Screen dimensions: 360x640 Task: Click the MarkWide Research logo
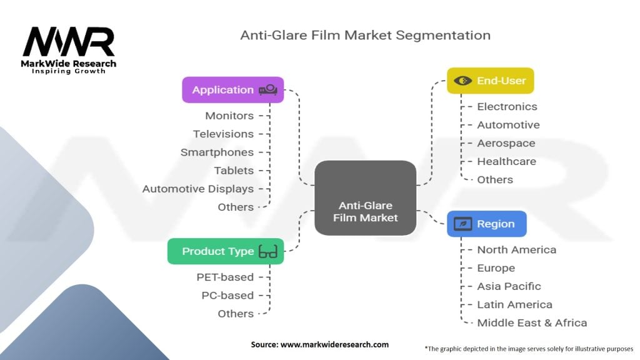[x=69, y=50]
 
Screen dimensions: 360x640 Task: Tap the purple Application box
[x=232, y=90]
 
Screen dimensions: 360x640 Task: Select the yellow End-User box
[x=490, y=81]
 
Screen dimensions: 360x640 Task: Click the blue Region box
[x=486, y=224]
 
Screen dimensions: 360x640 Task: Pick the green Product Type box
[x=225, y=251]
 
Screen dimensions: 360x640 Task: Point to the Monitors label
[x=229, y=116]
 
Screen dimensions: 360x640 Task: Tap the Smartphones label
[x=217, y=152]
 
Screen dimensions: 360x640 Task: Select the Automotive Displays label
[x=197, y=189]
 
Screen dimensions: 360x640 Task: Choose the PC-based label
[x=227, y=295]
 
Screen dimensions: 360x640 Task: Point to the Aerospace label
[x=506, y=143]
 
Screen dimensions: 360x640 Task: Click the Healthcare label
[x=506, y=161]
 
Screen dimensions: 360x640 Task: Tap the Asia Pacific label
[x=509, y=286]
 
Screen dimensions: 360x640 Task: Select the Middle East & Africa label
[x=532, y=322]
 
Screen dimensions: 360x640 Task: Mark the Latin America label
[x=514, y=304]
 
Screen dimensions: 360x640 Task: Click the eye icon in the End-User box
[x=463, y=81]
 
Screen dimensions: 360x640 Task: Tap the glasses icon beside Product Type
[x=268, y=252]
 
